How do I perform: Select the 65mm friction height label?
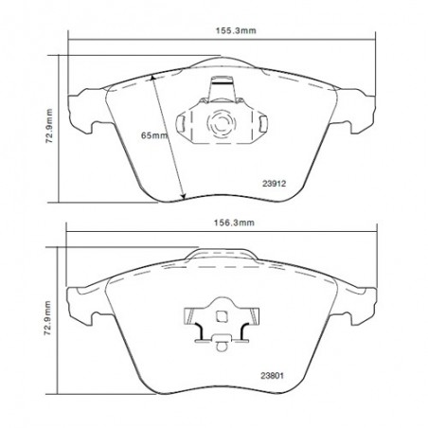pos(153,136)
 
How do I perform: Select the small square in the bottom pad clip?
pos(219,318)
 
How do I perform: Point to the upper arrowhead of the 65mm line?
pos(152,77)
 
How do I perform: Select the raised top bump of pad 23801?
pos(223,253)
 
